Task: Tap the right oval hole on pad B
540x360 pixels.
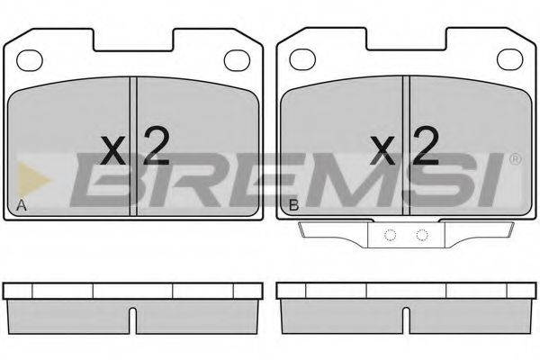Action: click(x=511, y=60)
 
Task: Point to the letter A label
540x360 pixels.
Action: click(x=22, y=208)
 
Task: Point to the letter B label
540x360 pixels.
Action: click(x=293, y=208)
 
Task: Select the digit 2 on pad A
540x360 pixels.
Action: click(x=155, y=146)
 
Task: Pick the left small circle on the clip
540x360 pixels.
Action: click(x=390, y=237)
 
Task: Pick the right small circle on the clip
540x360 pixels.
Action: click(x=420, y=237)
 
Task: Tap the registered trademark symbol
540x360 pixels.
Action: click(x=515, y=160)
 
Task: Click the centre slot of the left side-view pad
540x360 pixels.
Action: click(x=133, y=319)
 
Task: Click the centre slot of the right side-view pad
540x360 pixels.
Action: click(x=406, y=319)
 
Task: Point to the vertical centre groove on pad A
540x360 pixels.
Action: click(x=133, y=144)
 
